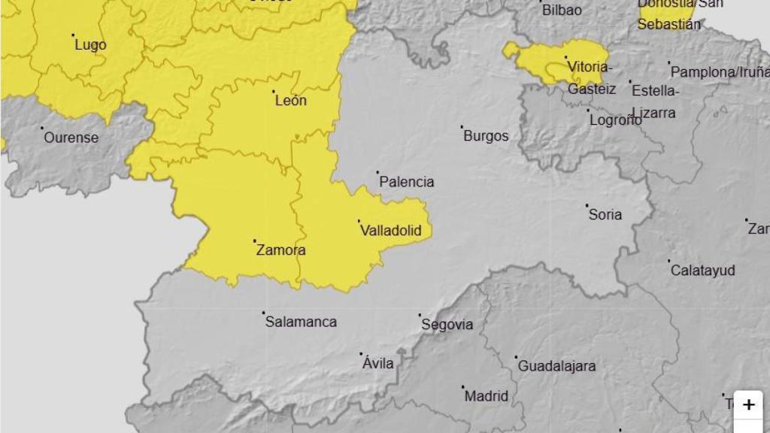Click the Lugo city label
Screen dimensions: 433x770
(x=90, y=45)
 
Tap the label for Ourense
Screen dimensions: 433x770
(x=71, y=138)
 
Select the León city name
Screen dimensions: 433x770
(x=291, y=101)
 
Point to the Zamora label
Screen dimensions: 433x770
(x=280, y=250)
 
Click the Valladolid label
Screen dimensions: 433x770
(x=391, y=231)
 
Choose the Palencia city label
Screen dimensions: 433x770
(x=407, y=182)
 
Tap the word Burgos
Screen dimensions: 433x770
(x=486, y=136)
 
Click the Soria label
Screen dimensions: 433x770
(x=605, y=215)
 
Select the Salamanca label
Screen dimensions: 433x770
(x=301, y=322)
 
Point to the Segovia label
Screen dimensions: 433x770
(x=447, y=325)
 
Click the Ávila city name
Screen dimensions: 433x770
(x=378, y=364)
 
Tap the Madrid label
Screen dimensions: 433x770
(x=487, y=396)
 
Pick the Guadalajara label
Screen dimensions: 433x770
(x=556, y=367)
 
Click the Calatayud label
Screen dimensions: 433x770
(x=703, y=271)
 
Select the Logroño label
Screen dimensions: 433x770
(x=616, y=120)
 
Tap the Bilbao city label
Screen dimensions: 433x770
(x=562, y=11)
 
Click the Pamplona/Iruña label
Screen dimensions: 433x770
(x=720, y=72)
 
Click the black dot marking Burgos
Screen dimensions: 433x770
(x=462, y=126)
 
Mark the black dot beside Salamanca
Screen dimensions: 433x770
(x=263, y=313)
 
